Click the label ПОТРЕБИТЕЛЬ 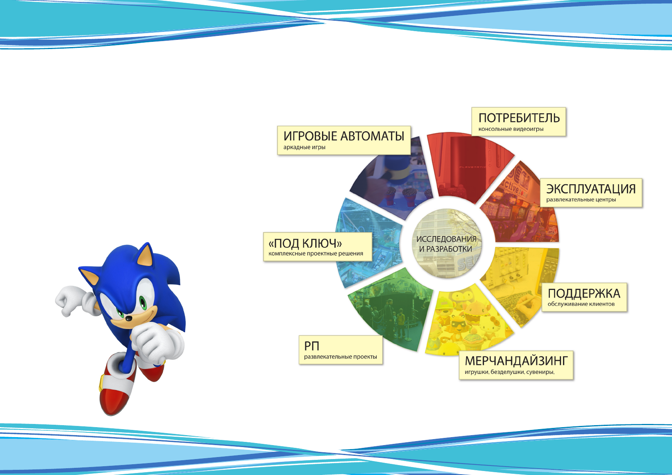[x=519, y=118]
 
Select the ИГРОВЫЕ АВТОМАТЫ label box [x=344, y=140]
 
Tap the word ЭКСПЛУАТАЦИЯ [x=591, y=189]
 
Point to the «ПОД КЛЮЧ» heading [x=305, y=243]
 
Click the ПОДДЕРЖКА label [x=584, y=294]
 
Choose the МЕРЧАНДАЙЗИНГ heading [x=516, y=361]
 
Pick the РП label [x=311, y=346]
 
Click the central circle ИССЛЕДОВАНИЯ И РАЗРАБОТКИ [x=447, y=243]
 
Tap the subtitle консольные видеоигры [x=511, y=129]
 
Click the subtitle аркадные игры [x=304, y=147]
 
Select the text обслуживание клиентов [x=581, y=304]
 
